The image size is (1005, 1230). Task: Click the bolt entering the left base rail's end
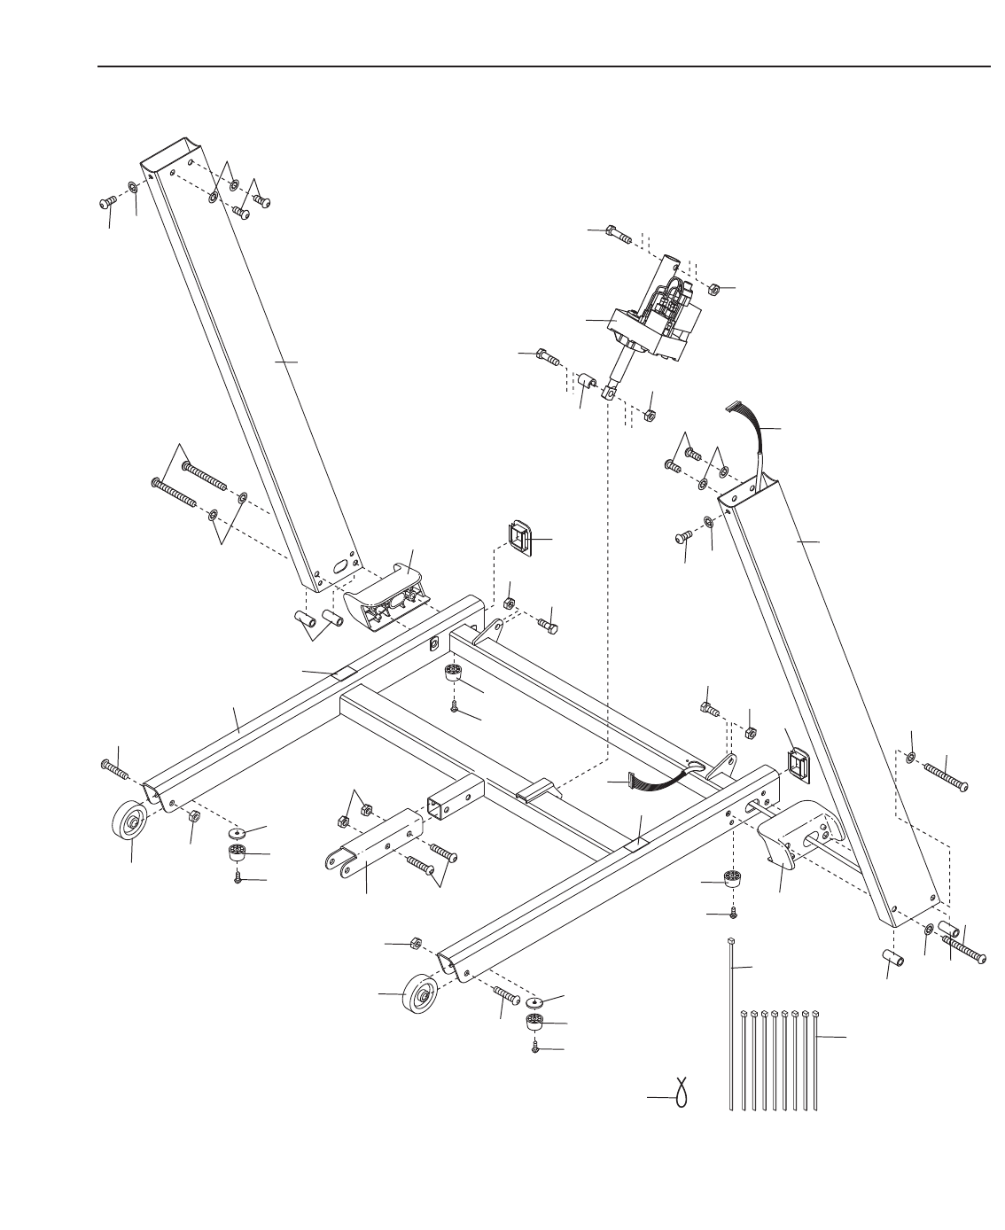[116, 768]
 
